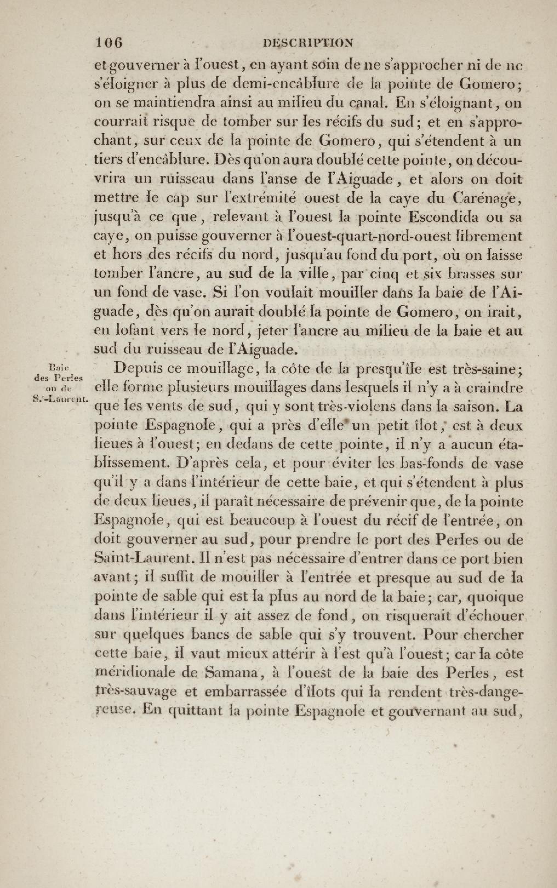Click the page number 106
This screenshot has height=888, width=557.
click(109, 43)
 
